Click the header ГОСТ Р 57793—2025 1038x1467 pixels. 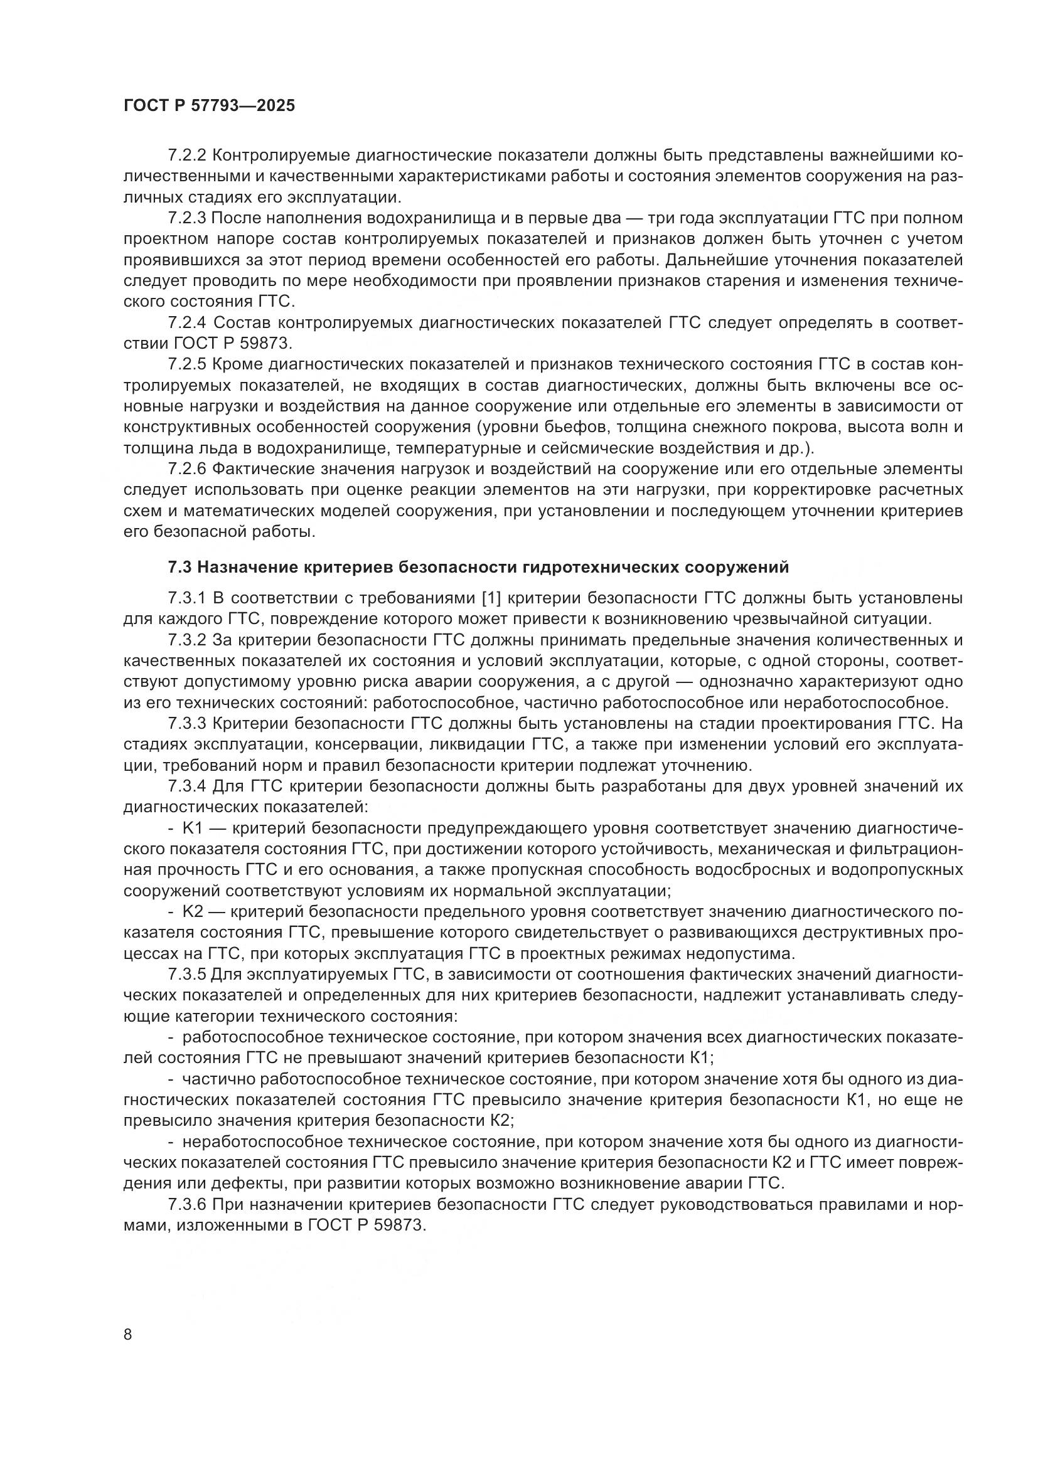click(x=209, y=105)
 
